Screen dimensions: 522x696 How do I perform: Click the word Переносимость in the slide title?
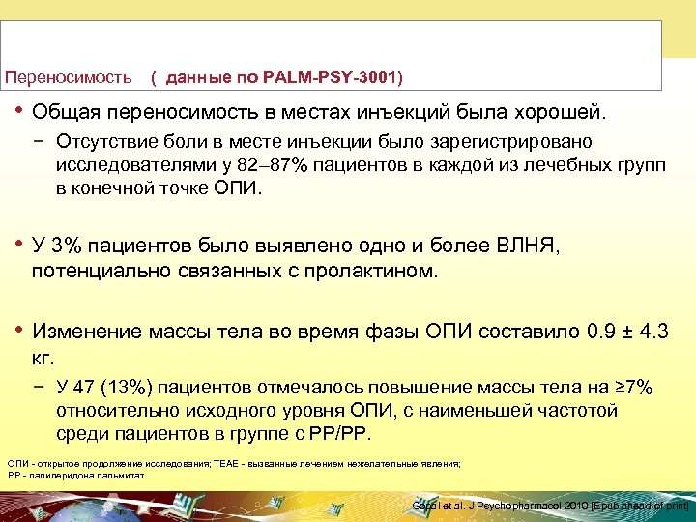[x=68, y=75]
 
